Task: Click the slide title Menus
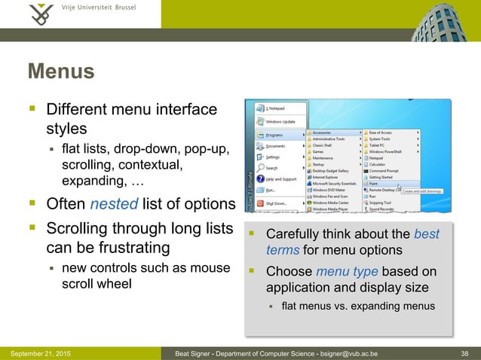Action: coord(61,72)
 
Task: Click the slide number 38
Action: coord(466,352)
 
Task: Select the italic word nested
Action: coord(117,204)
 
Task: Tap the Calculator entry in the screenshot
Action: coord(379,165)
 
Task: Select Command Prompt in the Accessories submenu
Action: coord(384,171)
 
